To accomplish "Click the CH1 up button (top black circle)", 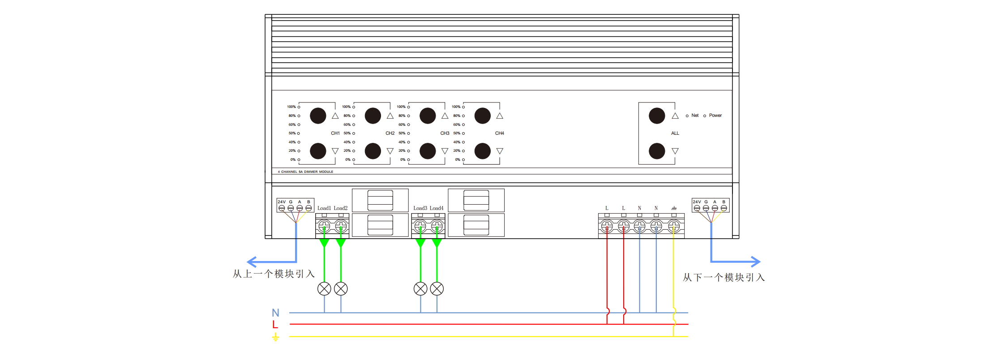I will pyautogui.click(x=318, y=116).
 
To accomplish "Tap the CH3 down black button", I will pyautogui.click(x=428, y=151).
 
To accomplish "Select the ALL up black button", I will pyautogui.click(x=657, y=116).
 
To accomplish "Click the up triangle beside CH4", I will pyautogui.click(x=500, y=116).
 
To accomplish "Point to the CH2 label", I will pyautogui.click(x=390, y=133).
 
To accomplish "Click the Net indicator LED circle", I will pyautogui.click(x=687, y=116).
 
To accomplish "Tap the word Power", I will pyautogui.click(x=715, y=116).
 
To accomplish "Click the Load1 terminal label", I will pyautogui.click(x=324, y=208).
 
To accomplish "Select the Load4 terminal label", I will pyautogui.click(x=437, y=208).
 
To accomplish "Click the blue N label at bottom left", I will pyautogui.click(x=275, y=313).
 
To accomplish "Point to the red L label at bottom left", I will pyautogui.click(x=275, y=325).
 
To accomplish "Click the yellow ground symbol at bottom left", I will pyautogui.click(x=275, y=337).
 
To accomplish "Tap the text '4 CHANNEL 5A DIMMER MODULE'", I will pyautogui.click(x=305, y=172).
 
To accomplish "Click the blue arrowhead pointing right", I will pyautogui.click(x=756, y=261).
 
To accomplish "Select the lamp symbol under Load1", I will pyautogui.click(x=324, y=289).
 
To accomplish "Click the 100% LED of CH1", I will pyautogui.click(x=299, y=107).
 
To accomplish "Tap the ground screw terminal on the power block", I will pyautogui.click(x=673, y=227).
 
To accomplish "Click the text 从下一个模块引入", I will pyautogui.click(x=724, y=278).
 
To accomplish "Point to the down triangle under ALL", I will pyautogui.click(x=675, y=151).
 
